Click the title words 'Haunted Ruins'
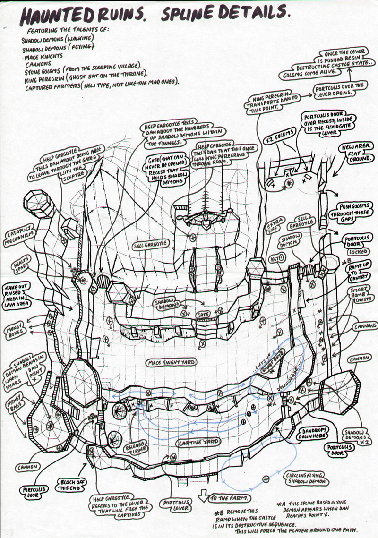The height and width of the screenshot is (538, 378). [80, 17]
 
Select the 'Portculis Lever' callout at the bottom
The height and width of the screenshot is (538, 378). [176, 505]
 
